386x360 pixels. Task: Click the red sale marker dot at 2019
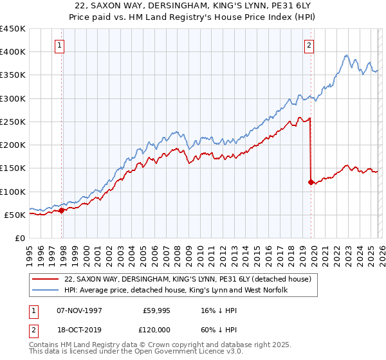pos(311,182)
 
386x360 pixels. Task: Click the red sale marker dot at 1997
pos(62,210)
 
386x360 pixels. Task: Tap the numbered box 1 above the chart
pos(59,45)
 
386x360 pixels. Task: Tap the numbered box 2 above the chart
pos(309,45)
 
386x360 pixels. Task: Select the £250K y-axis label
pos(13,122)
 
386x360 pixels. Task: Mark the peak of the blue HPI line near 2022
pos(346,55)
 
